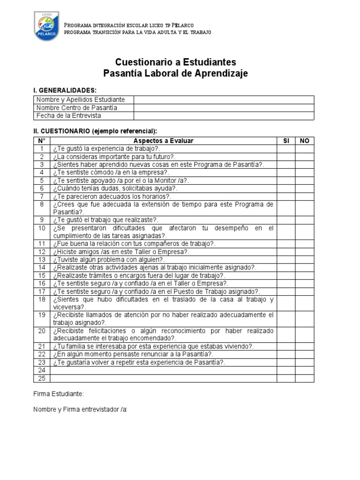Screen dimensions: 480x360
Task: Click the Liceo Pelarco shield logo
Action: tap(47, 26)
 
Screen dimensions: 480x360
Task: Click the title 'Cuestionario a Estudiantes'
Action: tap(176, 62)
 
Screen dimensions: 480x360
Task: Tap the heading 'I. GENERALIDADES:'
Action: tap(65, 90)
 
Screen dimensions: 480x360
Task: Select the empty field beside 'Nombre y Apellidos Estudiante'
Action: tap(224, 99)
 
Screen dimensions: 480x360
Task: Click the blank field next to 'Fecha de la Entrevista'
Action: tap(224, 115)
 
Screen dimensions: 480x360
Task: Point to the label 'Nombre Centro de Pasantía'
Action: tap(77, 107)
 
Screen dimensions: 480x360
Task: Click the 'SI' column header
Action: tap(286, 141)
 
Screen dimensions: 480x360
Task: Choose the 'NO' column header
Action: tap(305, 141)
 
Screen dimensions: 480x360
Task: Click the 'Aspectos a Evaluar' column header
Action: tap(163, 141)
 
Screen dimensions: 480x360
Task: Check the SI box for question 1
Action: tap(286, 149)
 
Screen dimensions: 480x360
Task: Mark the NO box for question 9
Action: tap(305, 219)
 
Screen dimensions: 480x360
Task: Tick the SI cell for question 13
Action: tap(286, 259)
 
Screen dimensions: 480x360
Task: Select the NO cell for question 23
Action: tap(305, 362)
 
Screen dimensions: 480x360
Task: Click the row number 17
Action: tap(42, 291)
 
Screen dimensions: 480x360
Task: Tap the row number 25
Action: tap(42, 378)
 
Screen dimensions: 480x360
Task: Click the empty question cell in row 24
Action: tap(163, 370)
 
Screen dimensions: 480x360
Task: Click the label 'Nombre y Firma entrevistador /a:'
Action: tap(80, 409)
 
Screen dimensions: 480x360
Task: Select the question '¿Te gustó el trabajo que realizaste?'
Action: tap(106, 219)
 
